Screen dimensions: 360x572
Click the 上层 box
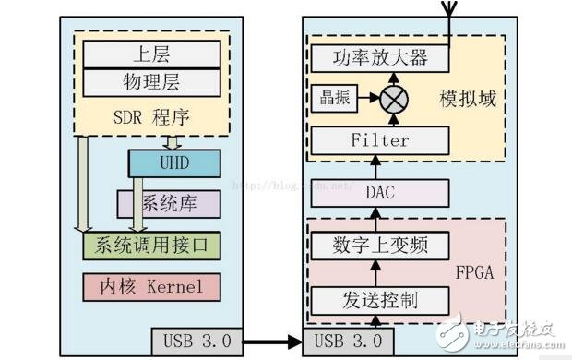click(x=152, y=54)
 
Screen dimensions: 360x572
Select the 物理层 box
click(x=152, y=82)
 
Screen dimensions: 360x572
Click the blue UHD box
click(x=174, y=163)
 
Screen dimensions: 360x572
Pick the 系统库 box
click(x=169, y=203)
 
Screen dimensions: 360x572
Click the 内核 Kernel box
click(x=152, y=286)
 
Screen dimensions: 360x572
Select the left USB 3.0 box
click(x=197, y=341)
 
